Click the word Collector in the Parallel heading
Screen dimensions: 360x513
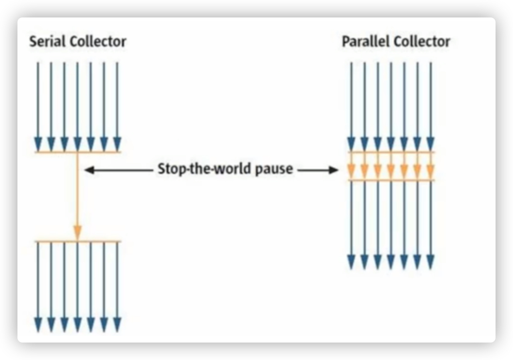pos(422,42)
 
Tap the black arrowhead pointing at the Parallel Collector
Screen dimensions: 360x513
pos(334,170)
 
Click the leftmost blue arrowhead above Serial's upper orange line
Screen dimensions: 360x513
pos(38,144)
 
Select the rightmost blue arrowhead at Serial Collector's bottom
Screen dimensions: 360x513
pos(117,325)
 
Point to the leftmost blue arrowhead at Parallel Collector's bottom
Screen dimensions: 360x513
pos(352,262)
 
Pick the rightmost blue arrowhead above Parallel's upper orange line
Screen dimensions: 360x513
pos(430,144)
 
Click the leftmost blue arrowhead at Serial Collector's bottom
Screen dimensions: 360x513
pos(38,325)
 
